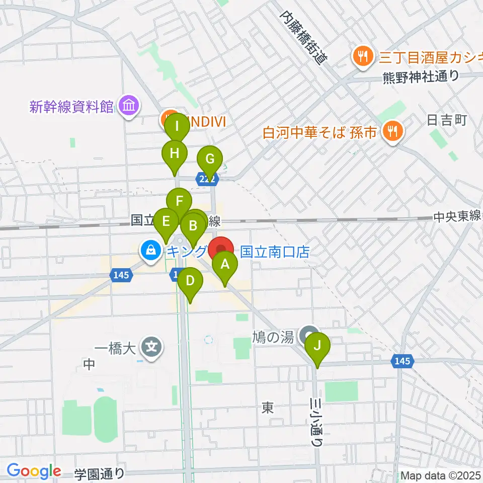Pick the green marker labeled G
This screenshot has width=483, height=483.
tap(210, 160)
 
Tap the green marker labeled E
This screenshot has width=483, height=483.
tap(166, 222)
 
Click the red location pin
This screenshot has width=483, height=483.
tap(221, 249)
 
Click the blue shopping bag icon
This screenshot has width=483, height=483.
tap(150, 248)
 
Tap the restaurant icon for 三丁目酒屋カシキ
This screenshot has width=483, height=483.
tap(362, 54)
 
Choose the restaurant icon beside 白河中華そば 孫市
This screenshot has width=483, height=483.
tap(391, 132)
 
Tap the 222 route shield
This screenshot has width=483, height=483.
tap(208, 179)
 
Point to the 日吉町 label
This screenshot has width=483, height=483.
tap(447, 120)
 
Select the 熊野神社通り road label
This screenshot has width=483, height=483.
tap(421, 76)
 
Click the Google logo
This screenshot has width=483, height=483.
tap(34, 471)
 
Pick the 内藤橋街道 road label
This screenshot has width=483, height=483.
tap(302, 36)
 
